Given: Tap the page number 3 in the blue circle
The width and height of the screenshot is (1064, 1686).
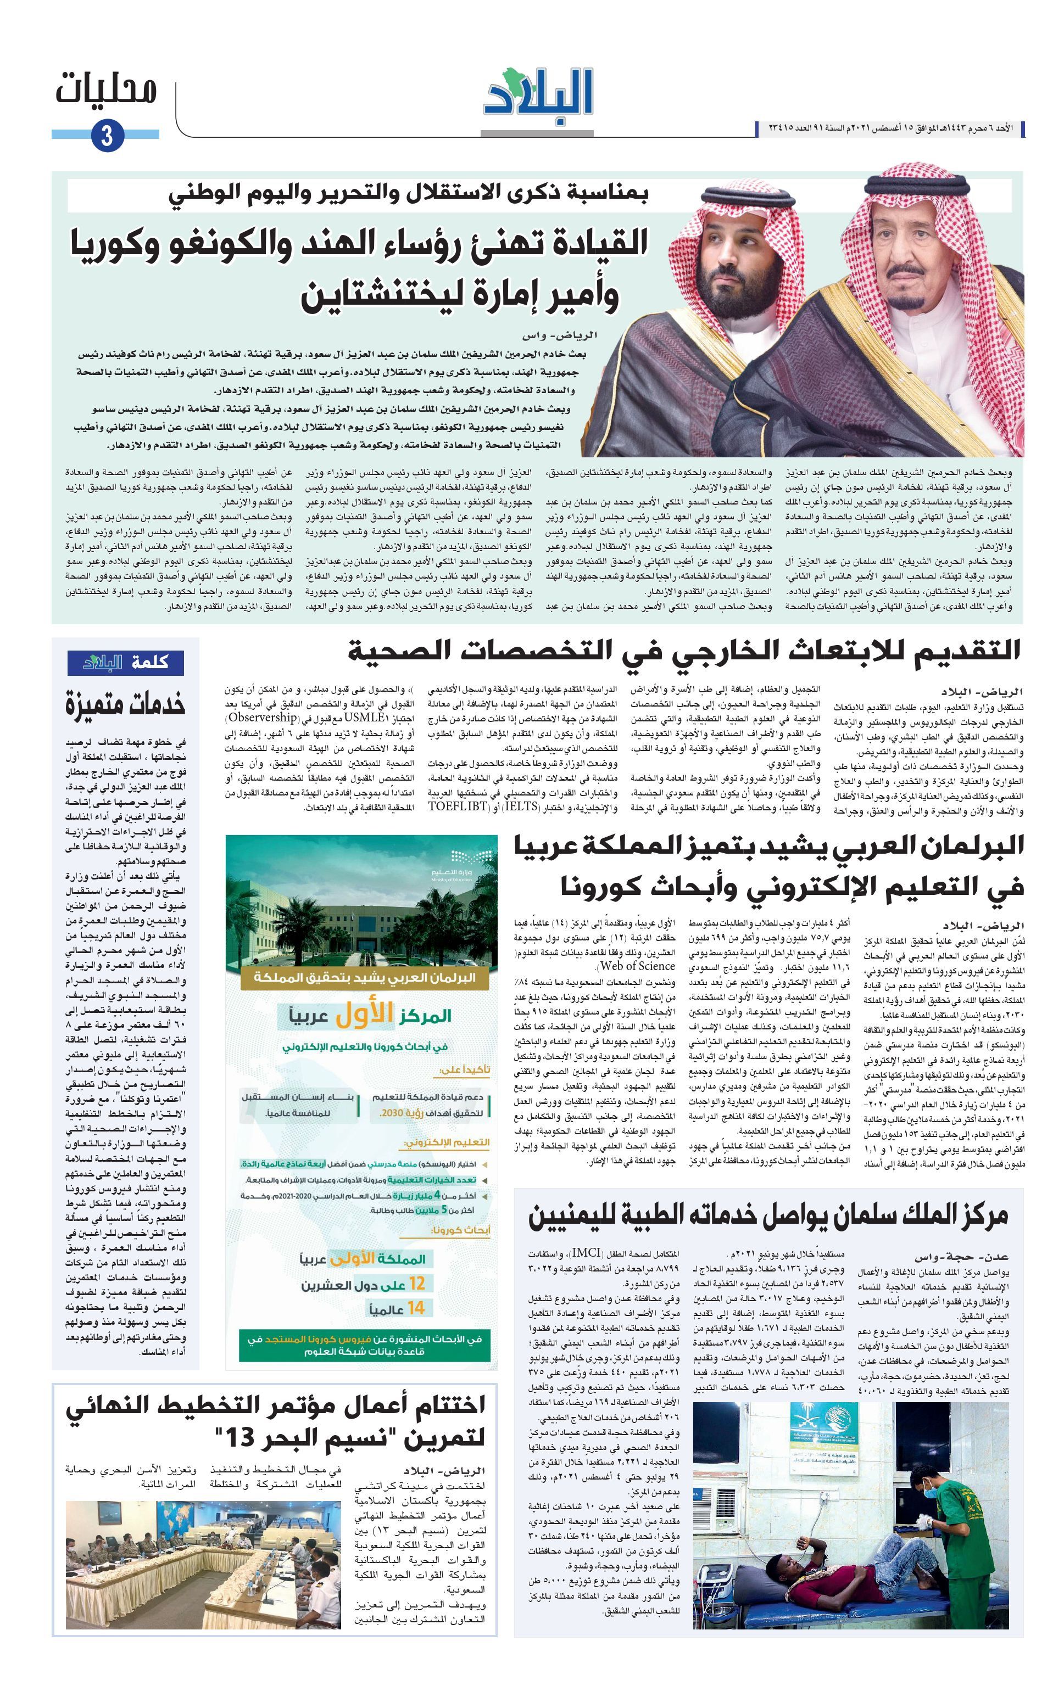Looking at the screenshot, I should point(107,135).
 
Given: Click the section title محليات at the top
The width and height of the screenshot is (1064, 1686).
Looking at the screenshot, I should point(106,89).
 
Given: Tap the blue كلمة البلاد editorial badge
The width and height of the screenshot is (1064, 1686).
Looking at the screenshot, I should point(126,662).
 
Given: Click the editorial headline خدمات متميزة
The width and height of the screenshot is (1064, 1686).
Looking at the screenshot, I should point(126,704).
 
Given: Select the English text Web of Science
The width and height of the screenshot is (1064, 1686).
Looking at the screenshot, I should point(634,966).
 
